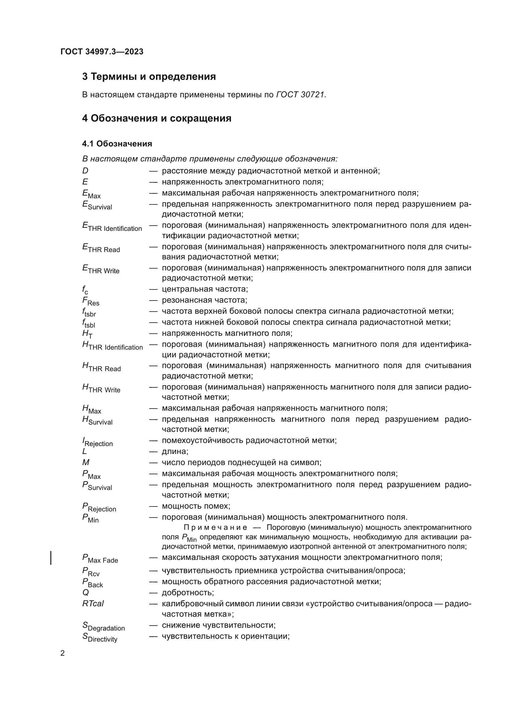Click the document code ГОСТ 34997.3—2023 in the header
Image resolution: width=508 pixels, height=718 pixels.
102,52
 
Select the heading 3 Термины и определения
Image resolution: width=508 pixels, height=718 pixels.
149,77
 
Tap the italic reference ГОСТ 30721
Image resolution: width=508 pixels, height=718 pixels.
301,95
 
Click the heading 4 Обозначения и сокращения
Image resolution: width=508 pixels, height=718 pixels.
157,118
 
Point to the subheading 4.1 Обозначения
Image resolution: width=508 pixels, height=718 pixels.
117,144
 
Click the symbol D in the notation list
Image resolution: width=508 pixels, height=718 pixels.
85,171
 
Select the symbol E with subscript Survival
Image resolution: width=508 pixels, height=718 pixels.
97,205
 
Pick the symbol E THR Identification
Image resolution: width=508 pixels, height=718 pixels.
112,227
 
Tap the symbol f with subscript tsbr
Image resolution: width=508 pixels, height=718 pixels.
89,312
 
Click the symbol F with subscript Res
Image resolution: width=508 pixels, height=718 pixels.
91,301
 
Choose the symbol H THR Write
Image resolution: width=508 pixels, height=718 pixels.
101,388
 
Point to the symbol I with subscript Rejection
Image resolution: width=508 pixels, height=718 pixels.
98,442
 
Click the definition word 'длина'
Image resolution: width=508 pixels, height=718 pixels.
175,452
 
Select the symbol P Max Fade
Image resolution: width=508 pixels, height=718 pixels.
100,558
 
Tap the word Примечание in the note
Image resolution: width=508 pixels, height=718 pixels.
215,528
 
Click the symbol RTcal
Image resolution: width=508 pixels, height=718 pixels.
93,604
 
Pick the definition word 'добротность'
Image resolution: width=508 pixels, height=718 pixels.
188,592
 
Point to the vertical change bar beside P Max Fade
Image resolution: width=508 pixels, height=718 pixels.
51,558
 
